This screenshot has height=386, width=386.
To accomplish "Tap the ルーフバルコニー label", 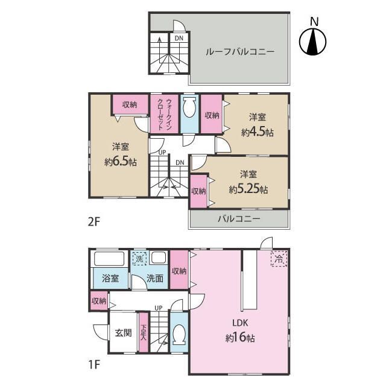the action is point(240,52).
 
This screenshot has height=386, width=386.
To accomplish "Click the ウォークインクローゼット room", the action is point(165,114).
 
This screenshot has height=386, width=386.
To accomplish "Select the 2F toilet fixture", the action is point(189,107).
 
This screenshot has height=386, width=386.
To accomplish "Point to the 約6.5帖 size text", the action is point(121,162).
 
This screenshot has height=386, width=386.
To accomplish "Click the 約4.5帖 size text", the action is point(258,132).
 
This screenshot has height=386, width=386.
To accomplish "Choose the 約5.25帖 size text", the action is point(248,189).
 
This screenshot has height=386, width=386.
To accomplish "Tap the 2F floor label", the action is point(94,222).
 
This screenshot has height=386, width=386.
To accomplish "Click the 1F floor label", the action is point(94,364).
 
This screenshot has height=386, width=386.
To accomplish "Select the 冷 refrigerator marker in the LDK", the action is point(279,259).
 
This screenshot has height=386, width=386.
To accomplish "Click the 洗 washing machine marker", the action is point(139,259).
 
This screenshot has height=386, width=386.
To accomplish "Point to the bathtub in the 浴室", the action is point(109,259).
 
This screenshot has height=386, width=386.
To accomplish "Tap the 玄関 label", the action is point(123,333).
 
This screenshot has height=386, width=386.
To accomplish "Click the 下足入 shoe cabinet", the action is point(144,332).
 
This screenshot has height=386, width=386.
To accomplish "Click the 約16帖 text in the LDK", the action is point(240,338).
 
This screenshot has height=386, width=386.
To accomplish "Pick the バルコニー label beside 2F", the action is point(239,218).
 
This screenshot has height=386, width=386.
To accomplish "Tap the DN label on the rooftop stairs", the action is point(179,38).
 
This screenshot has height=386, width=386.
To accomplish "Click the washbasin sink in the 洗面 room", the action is point(159,258).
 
